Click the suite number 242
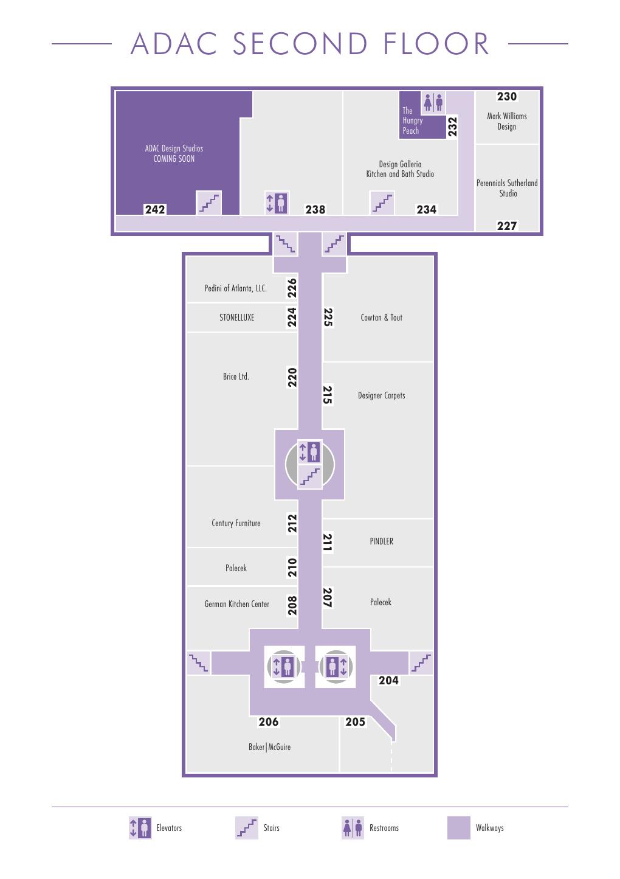point(155,209)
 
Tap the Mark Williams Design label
point(506,121)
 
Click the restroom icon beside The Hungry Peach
point(433,103)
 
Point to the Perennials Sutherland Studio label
point(507,188)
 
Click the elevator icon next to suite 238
point(277,203)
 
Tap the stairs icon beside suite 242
point(208,203)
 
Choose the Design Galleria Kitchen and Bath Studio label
point(400,169)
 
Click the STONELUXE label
point(236,318)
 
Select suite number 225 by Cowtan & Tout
point(328,317)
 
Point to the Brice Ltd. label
point(236,377)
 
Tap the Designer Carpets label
point(381,395)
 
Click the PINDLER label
point(381,541)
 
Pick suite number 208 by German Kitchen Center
point(292,605)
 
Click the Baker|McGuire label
point(269,747)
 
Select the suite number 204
point(388,680)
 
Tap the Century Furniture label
point(236,523)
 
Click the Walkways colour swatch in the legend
point(458,827)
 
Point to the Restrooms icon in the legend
point(353,827)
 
